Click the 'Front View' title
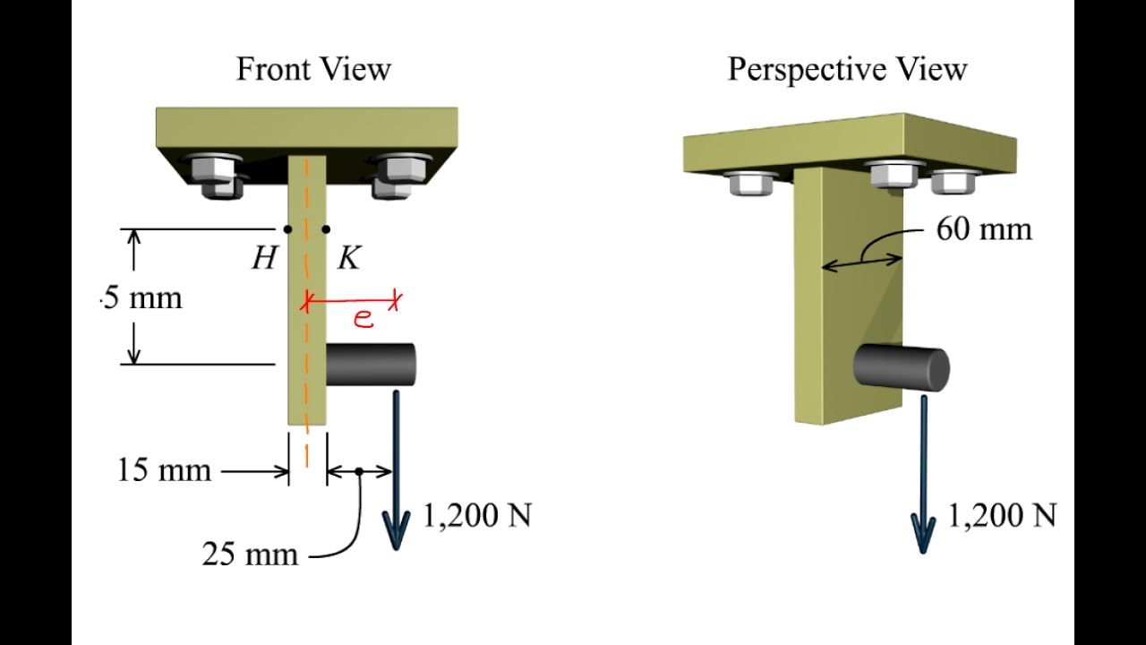pyautogui.click(x=313, y=69)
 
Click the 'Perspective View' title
pyautogui.click(x=847, y=70)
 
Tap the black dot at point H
pyautogui.click(x=287, y=228)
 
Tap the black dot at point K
pyautogui.click(x=326, y=228)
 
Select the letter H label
pyautogui.click(x=264, y=257)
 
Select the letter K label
pyautogui.click(x=349, y=257)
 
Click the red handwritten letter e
pyautogui.click(x=363, y=318)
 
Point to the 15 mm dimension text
pyautogui.click(x=164, y=470)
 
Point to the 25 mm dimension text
pyautogui.click(x=250, y=554)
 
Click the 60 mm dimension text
pyautogui.click(x=984, y=228)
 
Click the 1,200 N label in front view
pyautogui.click(x=477, y=515)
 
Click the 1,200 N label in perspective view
pyautogui.click(x=1002, y=515)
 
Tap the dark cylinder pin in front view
pyautogui.click(x=371, y=365)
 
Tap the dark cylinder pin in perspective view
pyautogui.click(x=902, y=367)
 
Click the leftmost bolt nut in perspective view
pyautogui.click(x=751, y=182)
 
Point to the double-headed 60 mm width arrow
pyautogui.click(x=862, y=262)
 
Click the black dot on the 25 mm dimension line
pyautogui.click(x=359, y=471)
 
